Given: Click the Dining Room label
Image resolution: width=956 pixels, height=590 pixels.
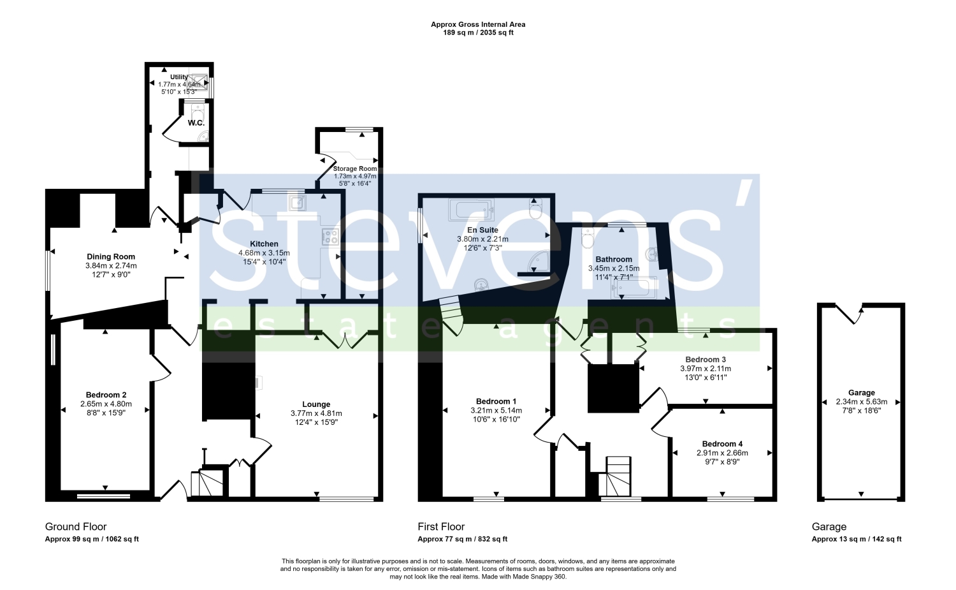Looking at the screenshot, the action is [111, 257].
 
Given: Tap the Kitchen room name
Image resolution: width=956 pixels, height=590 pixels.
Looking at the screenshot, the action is [264, 244].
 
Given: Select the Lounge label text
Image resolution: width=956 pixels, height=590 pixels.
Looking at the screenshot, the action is [316, 404].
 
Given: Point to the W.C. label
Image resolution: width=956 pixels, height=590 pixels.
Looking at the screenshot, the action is [196, 123].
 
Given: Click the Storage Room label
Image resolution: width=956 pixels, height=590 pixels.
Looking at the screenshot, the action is [355, 169].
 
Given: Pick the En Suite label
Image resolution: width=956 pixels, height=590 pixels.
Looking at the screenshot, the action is [482, 230].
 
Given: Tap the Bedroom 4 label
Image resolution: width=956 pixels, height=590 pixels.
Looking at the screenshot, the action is [723, 444].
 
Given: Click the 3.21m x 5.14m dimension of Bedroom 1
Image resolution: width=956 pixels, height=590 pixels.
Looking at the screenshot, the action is [496, 411].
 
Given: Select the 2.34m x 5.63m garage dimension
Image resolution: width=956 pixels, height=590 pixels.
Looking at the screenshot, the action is [862, 402].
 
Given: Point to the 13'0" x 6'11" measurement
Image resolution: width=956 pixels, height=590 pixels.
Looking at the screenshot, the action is [706, 378].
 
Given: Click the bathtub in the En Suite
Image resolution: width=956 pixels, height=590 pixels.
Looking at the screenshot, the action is [471, 210].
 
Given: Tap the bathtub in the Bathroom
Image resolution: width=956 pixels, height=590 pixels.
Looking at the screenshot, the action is [634, 288].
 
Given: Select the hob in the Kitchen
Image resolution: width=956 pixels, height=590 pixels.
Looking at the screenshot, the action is [330, 237].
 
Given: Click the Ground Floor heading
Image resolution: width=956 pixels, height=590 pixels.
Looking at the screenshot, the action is [76, 527].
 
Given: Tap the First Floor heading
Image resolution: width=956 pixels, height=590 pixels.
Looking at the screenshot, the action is [441, 527].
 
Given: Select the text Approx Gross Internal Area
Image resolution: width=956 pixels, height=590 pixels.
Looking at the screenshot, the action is [478, 24].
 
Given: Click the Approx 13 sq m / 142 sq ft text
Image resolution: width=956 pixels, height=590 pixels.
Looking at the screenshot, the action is [857, 539].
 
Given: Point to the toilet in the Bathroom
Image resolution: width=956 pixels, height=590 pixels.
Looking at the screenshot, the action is [588, 237].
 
